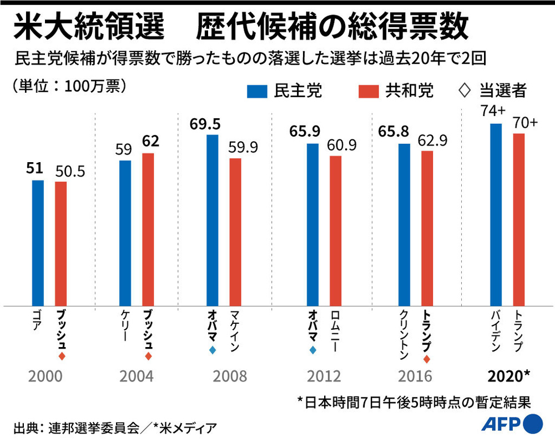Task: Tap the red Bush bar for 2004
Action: (148, 229)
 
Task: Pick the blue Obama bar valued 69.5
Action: (213, 220)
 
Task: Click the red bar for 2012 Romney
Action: (336, 230)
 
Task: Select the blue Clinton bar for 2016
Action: (404, 224)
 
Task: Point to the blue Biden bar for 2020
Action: (496, 214)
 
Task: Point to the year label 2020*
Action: (508, 376)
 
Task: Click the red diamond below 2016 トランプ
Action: (426, 359)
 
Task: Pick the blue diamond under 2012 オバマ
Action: (313, 350)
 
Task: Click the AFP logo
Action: (509, 424)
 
